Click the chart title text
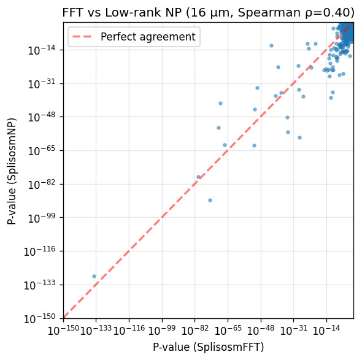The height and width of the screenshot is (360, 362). click(x=208, y=12)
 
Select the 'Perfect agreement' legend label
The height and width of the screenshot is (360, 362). click(x=148, y=37)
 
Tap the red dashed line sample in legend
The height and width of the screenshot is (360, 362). click(x=82, y=37)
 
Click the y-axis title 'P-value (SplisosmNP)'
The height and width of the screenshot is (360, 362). click(x=12, y=171)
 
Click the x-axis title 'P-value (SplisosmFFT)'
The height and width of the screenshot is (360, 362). click(x=208, y=347)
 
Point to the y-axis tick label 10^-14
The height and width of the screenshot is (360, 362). click(x=42, y=50)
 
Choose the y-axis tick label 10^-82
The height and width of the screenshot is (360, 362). click(x=42, y=185)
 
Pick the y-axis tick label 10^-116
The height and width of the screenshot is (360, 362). click(x=40, y=251)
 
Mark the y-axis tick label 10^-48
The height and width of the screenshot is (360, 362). click(x=42, y=118)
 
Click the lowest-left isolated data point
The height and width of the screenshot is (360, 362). click(x=94, y=276)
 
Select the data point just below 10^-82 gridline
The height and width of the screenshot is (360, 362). click(x=210, y=200)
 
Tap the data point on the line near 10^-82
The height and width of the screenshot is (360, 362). click(x=198, y=177)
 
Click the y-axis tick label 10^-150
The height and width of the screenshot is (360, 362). click(x=40, y=319)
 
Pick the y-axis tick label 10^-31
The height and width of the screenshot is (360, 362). click(x=42, y=84)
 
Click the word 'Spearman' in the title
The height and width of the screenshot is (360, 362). click(x=269, y=13)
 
